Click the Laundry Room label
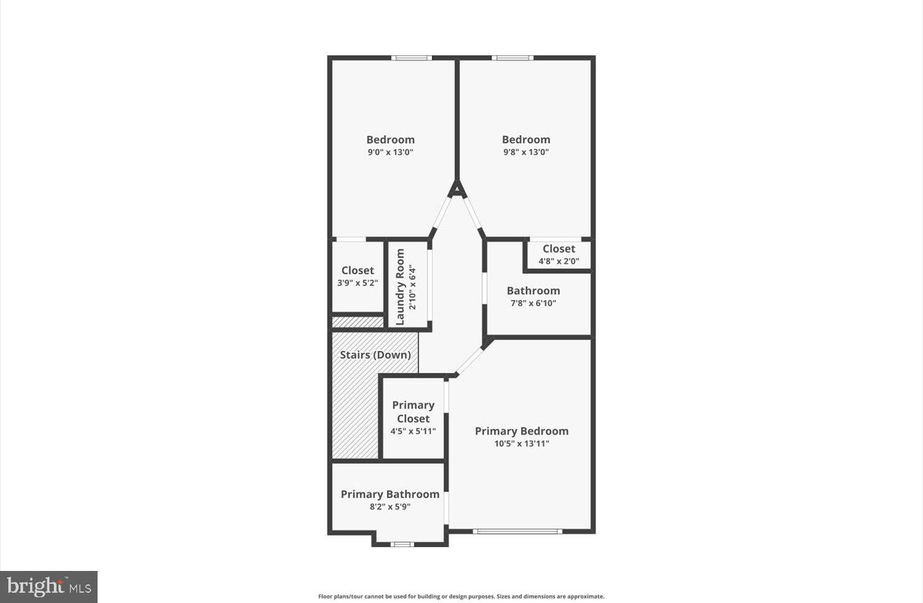click(x=401, y=287)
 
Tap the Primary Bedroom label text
click(x=521, y=431)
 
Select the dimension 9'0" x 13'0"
click(x=390, y=153)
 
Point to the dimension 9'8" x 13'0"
click(x=526, y=153)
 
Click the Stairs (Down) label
click(x=375, y=355)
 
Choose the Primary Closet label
click(x=413, y=412)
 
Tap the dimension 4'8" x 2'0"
click(x=558, y=261)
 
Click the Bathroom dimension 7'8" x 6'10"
click(x=533, y=303)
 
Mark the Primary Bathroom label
click(x=390, y=494)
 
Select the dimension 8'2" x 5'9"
click(x=390, y=507)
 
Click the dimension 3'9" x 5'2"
click(x=358, y=283)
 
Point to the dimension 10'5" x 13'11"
click(x=521, y=443)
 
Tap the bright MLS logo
click(x=49, y=586)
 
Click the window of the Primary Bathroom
click(x=402, y=545)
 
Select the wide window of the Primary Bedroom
click(x=517, y=531)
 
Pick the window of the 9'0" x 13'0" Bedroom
click(x=411, y=58)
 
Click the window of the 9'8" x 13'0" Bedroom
click(x=512, y=58)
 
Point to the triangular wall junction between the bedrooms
click(x=456, y=189)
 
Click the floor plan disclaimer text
click(x=461, y=597)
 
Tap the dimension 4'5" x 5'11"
click(x=413, y=432)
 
